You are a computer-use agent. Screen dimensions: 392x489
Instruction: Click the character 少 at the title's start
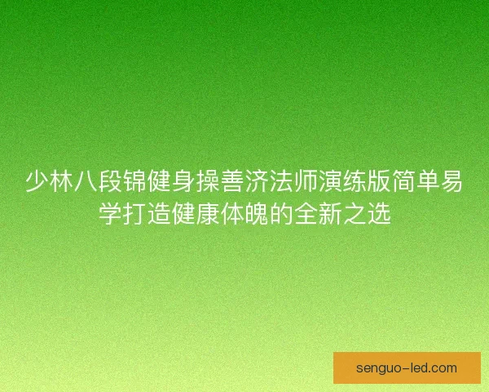coord(37,181)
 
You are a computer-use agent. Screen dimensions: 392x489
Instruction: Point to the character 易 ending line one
coord(452,181)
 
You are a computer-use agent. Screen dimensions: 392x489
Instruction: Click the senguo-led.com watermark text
coord(407,368)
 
